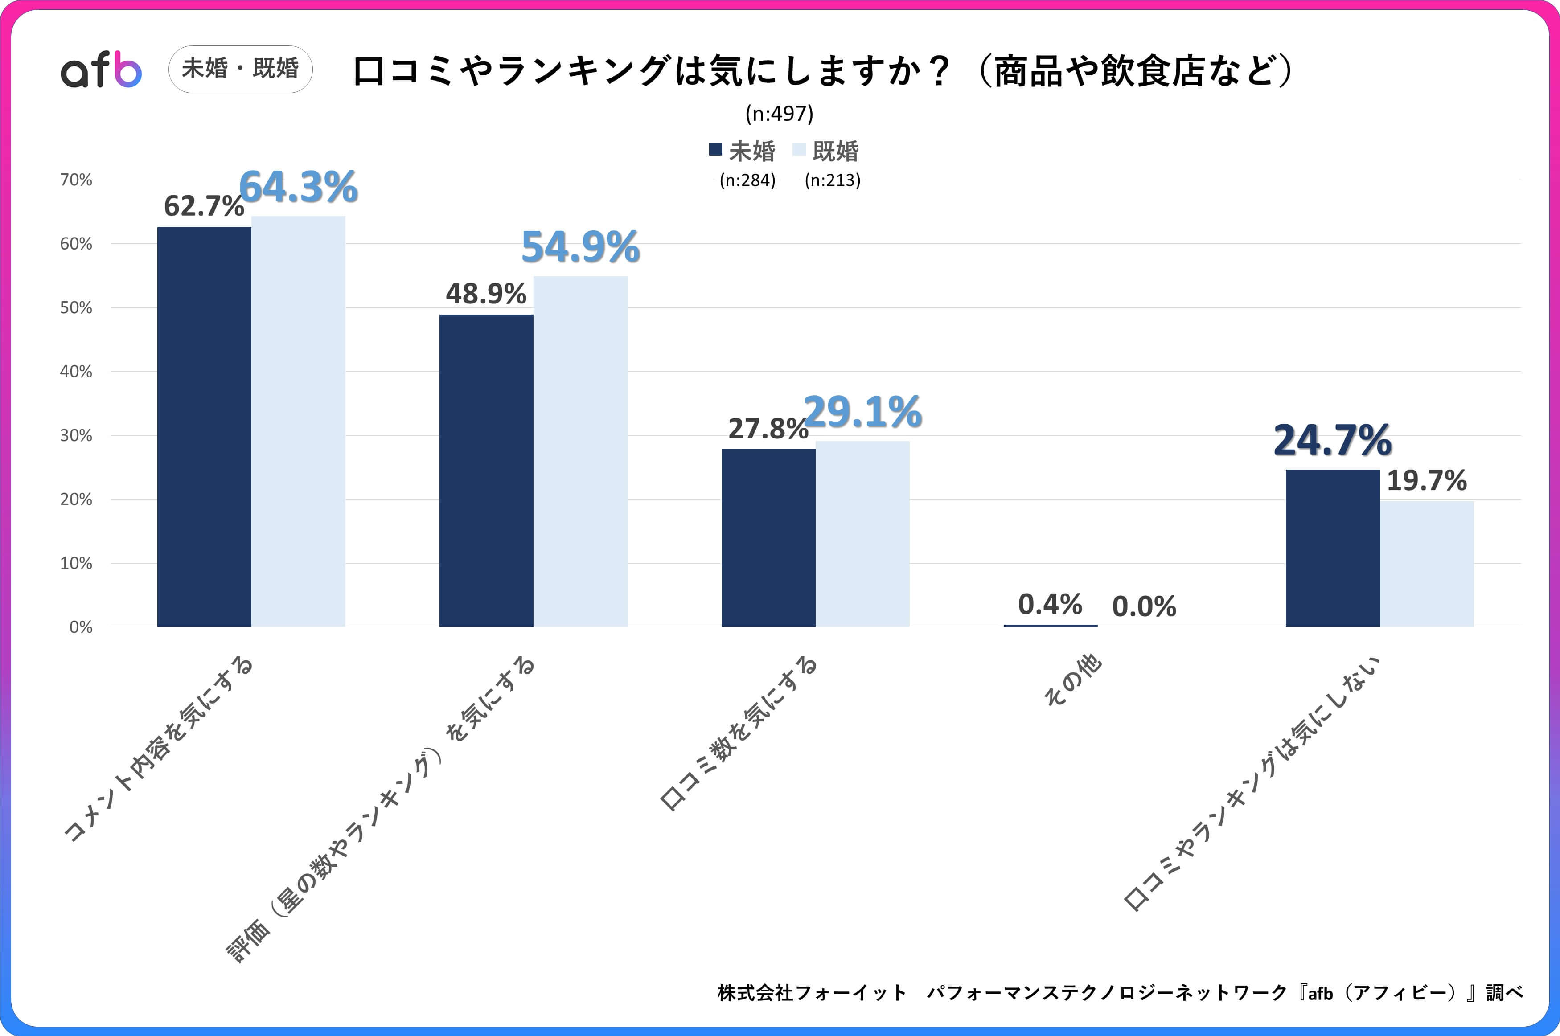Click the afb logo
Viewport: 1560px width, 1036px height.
pyautogui.click(x=101, y=70)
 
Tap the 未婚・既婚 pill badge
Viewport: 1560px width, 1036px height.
pyautogui.click(x=241, y=69)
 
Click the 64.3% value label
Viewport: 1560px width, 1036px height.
pyautogui.click(x=298, y=187)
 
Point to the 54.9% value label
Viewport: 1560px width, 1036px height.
pyautogui.click(x=580, y=247)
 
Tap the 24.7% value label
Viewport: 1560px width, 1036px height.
pyautogui.click(x=1332, y=440)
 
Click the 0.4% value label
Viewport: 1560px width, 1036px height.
pyautogui.click(x=1050, y=604)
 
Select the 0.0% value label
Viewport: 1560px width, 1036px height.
pyautogui.click(x=1144, y=606)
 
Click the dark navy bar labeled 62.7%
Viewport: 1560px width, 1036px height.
pyautogui.click(x=204, y=426)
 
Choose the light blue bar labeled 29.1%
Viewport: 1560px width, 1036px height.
pyautogui.click(x=862, y=534)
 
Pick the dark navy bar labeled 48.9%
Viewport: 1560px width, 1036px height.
pyautogui.click(x=486, y=471)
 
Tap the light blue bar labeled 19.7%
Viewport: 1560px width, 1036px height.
pyautogui.click(x=1427, y=564)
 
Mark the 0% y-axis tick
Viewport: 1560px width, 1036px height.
pyautogui.click(x=81, y=627)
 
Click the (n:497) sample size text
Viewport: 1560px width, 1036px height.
pyautogui.click(x=779, y=114)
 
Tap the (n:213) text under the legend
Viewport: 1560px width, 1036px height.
pyautogui.click(x=832, y=180)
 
